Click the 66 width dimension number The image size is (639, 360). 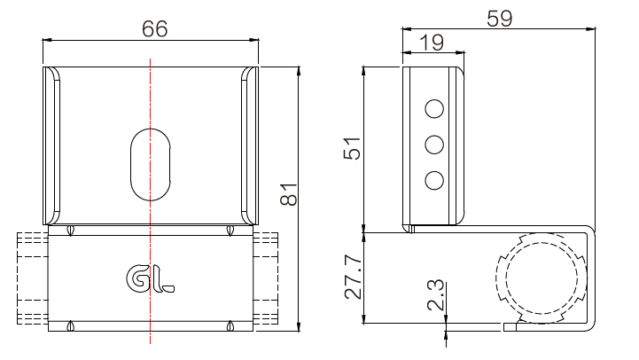point(154,29)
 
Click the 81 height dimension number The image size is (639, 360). point(289,194)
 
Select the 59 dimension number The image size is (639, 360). point(500,19)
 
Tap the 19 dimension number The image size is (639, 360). point(432,43)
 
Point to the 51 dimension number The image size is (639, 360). point(353,148)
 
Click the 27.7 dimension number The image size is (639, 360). point(353,278)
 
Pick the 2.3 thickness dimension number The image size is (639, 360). point(435,295)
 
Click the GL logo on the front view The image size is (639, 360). point(150,278)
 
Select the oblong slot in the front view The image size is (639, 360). point(151,165)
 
